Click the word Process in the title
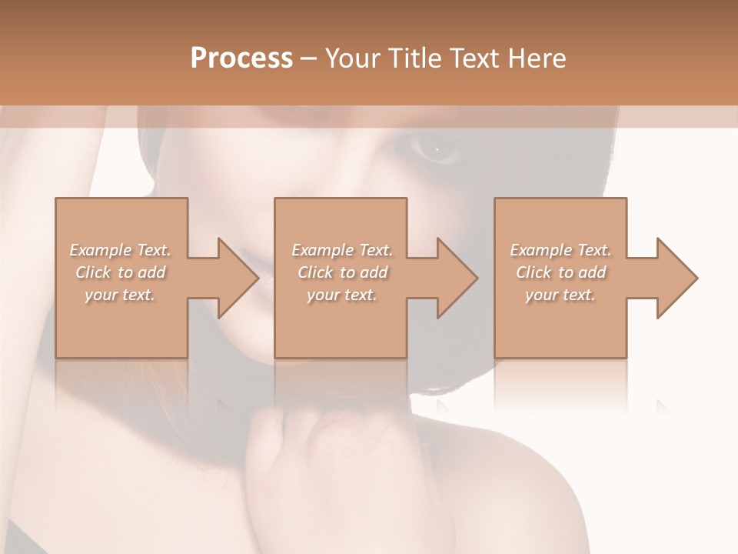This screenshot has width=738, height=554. coord(241,58)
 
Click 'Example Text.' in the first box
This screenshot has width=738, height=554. coord(121,250)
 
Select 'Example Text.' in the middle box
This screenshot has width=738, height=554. coord(342,250)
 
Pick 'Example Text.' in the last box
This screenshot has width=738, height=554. coord(560,250)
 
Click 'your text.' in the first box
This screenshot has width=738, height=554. coord(121,295)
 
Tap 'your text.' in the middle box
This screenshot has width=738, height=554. coord(342,295)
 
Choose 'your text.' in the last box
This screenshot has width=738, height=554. coord(560,295)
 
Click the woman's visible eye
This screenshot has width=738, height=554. coord(436,149)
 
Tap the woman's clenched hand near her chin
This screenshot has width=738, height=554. coord(292,446)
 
